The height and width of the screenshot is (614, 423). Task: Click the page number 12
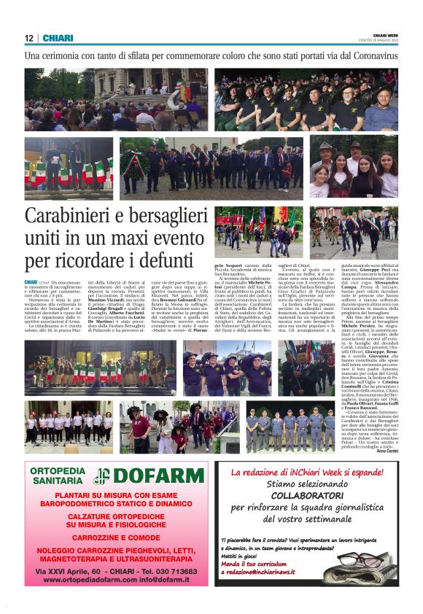tap(29, 38)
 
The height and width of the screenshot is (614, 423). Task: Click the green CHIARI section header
tap(58, 38)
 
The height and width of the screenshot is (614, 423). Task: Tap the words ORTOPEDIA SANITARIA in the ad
tap(58, 476)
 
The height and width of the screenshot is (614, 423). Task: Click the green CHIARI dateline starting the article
tap(31, 281)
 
